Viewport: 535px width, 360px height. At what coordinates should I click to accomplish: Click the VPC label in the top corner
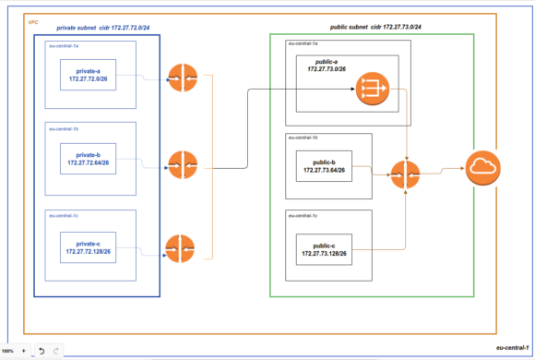pos(33,20)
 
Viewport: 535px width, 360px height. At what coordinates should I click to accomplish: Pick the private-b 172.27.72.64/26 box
pos(89,159)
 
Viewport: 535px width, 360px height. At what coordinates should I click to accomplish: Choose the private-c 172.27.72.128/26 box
pos(89,246)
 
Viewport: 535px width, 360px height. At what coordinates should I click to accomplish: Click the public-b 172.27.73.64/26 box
pos(324,166)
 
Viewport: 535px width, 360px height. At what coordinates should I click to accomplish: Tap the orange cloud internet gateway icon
pos(481,169)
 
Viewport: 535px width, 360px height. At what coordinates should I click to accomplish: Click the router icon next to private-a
pos(182,79)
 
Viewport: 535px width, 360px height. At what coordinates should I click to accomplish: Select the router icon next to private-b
pos(182,164)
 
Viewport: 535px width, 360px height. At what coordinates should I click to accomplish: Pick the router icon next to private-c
pos(182,248)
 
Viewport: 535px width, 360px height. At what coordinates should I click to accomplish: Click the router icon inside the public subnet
pos(406,173)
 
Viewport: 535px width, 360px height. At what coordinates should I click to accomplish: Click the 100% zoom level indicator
pos(8,352)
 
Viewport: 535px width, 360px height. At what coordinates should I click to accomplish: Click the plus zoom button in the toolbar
pos(24,352)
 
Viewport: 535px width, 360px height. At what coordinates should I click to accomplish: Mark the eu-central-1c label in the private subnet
pos(64,215)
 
